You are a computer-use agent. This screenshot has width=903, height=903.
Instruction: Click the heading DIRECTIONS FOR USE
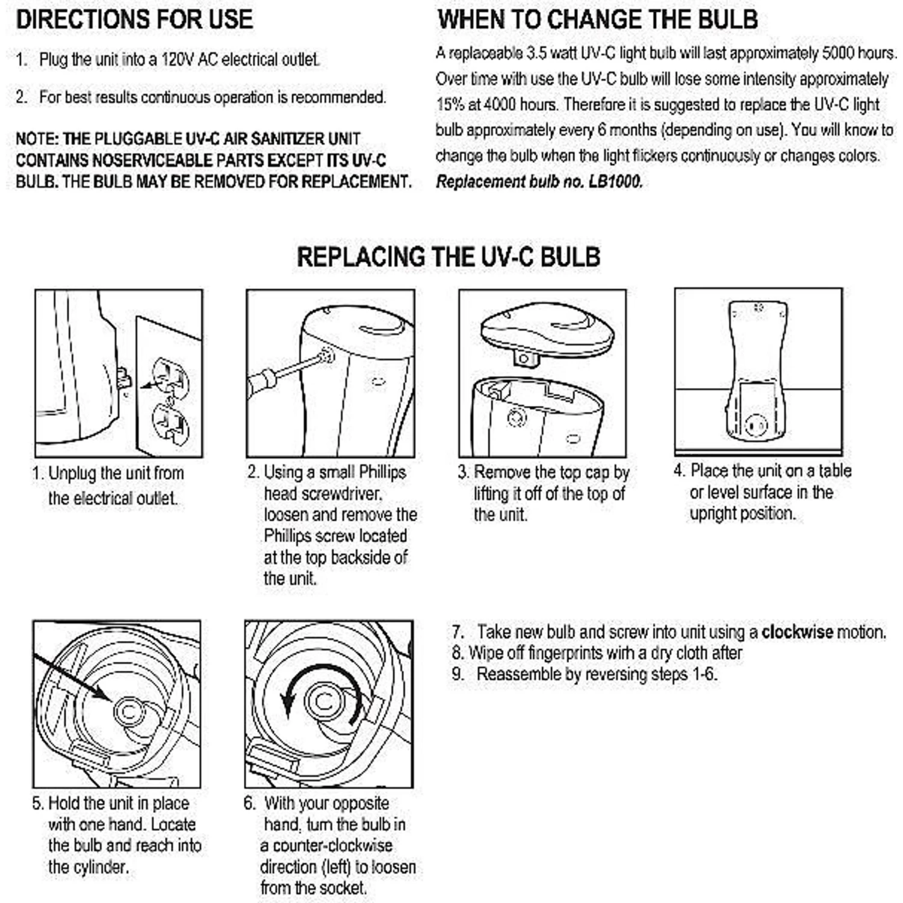point(134,19)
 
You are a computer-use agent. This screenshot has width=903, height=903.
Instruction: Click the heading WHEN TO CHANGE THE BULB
point(597,19)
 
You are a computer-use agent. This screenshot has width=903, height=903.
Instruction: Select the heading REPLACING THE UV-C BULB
point(448,257)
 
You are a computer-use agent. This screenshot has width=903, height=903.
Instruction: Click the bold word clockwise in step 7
point(797,632)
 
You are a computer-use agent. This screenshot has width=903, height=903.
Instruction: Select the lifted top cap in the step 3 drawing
point(547,333)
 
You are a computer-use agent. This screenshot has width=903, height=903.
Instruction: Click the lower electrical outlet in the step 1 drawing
point(171,425)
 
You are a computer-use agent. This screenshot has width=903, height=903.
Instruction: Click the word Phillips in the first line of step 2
point(382,473)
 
